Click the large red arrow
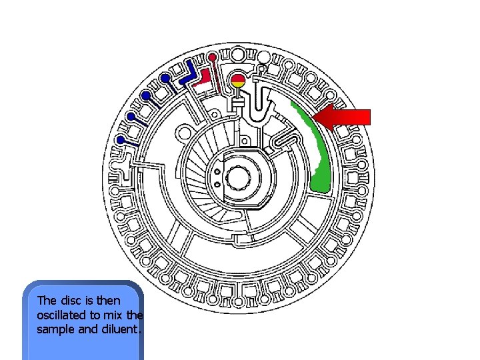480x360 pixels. pyautogui.click(x=345, y=117)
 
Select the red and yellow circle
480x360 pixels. pyautogui.click(x=238, y=82)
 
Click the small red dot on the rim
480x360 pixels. pyautogui.click(x=212, y=56)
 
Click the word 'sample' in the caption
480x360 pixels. pyautogui.click(x=55, y=328)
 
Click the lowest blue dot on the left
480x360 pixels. pyautogui.click(x=121, y=140)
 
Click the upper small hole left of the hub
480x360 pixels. pyautogui.click(x=217, y=171)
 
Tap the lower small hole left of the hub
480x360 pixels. pyautogui.click(x=217, y=181)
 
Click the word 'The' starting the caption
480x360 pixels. pyautogui.click(x=47, y=301)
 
